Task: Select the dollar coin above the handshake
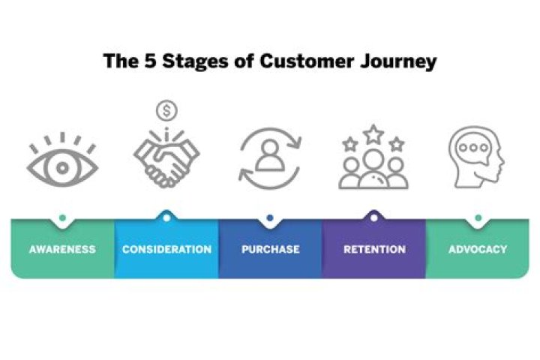coord(166,111)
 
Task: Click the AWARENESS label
coord(63,249)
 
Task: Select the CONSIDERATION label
coord(166,249)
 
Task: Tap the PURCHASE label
coord(270,249)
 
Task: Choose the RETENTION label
coord(374,249)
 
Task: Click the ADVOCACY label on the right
coord(478,249)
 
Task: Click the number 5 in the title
coord(150,61)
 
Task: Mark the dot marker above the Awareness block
coord(63,218)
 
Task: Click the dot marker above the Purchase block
coord(270,218)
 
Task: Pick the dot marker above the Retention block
coord(374,218)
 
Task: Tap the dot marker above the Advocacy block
coord(478,218)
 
